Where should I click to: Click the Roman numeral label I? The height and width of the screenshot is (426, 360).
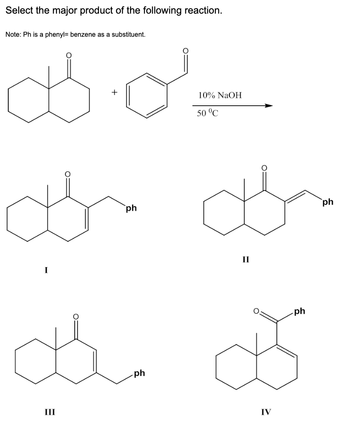point(46,270)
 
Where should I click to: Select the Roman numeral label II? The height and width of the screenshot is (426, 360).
point(246,260)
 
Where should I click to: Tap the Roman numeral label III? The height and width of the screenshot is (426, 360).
point(50,412)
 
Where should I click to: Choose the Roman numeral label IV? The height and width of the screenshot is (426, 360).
point(266,412)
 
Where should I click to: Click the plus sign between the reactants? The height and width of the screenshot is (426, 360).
point(114,92)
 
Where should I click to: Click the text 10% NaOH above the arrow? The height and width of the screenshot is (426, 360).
point(220,95)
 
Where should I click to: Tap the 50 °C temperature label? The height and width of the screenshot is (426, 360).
point(208,113)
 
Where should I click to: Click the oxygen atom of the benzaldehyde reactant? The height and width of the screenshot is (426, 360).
point(185,51)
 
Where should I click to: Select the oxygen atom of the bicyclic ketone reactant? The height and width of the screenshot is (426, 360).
point(69,55)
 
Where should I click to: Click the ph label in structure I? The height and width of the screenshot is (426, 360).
point(131,208)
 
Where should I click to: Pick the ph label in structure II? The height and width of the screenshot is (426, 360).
point(328,202)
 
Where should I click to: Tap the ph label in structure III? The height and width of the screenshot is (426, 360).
point(140,373)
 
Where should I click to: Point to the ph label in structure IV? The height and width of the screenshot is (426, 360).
point(300,311)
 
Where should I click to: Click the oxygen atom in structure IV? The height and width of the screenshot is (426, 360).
point(256,311)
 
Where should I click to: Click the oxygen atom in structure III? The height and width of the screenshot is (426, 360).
point(76,317)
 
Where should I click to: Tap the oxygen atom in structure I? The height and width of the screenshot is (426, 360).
point(68,173)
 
